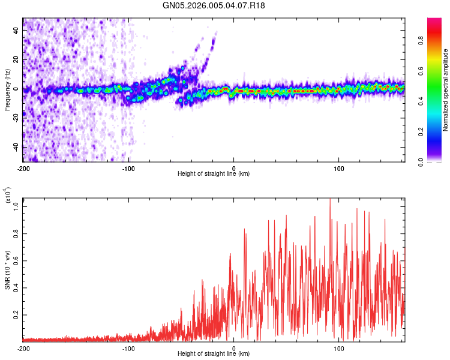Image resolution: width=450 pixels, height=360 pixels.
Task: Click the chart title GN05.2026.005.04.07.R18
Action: pyautogui.click(x=214, y=5)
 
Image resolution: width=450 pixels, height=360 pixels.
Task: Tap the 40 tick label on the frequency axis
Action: pyautogui.click(x=17, y=30)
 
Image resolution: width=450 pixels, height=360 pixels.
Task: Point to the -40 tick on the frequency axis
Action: pyautogui.click(x=16, y=146)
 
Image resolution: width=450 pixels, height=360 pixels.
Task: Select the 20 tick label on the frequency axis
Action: pyautogui.click(x=17, y=59)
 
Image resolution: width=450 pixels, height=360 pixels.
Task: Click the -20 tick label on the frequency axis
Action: pyautogui.click(x=16, y=118)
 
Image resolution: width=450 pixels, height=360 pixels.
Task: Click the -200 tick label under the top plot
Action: pyautogui.click(x=24, y=168)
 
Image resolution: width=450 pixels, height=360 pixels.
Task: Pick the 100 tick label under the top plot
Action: pyautogui.click(x=339, y=168)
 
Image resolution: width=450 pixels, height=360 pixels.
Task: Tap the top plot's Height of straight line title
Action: pyautogui.click(x=214, y=174)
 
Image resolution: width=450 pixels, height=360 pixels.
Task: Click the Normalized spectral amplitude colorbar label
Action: pyautogui.click(x=446, y=90)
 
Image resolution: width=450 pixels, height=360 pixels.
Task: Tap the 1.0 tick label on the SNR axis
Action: pyautogui.click(x=17, y=206)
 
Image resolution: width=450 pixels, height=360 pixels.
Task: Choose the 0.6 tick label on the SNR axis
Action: pyautogui.click(x=17, y=260)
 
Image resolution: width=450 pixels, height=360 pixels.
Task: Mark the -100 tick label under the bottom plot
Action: pyautogui.click(x=128, y=349)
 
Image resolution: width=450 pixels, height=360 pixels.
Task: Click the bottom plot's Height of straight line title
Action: pyautogui.click(x=214, y=355)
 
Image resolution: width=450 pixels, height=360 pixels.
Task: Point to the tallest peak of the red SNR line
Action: pyautogui.click(x=329, y=200)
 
